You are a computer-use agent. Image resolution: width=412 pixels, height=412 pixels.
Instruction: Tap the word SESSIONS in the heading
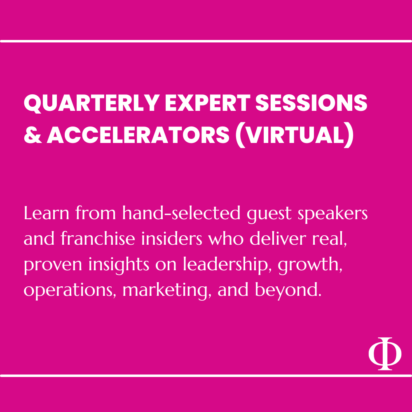click(311, 103)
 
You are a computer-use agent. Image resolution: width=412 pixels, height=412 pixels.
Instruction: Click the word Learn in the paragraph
click(47, 213)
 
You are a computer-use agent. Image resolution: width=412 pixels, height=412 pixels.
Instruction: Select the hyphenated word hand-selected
click(181, 213)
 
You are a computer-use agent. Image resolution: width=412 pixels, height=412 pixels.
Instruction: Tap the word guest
click(269, 214)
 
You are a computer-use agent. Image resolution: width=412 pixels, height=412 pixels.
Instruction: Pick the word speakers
click(332, 214)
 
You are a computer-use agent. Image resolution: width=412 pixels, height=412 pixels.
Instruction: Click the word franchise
click(98, 238)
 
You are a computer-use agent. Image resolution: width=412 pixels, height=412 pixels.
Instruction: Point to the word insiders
click(172, 238)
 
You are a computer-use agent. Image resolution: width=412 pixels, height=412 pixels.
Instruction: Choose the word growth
click(310, 265)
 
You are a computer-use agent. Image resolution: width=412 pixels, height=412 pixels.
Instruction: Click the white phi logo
click(385, 353)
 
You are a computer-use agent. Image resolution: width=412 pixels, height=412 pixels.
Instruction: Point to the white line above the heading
click(206, 41)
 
